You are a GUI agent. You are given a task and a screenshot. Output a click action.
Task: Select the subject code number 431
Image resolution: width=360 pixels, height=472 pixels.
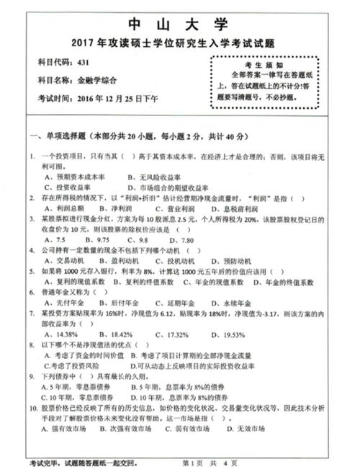click(84, 63)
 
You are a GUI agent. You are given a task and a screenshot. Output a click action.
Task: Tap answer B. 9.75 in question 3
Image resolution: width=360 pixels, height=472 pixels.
click(97, 239)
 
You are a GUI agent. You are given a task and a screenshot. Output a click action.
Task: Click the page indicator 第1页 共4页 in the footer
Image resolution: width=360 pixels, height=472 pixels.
click(206, 461)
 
